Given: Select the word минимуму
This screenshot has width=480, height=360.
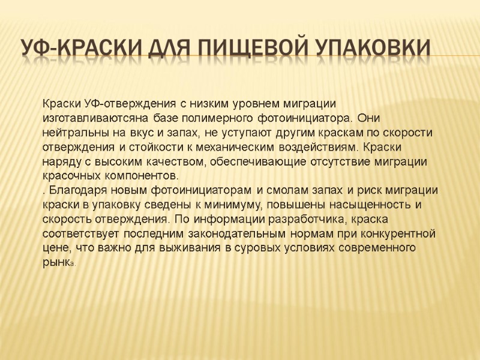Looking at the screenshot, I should coord(234,205).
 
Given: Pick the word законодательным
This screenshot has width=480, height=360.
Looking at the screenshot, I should coord(245,233).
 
